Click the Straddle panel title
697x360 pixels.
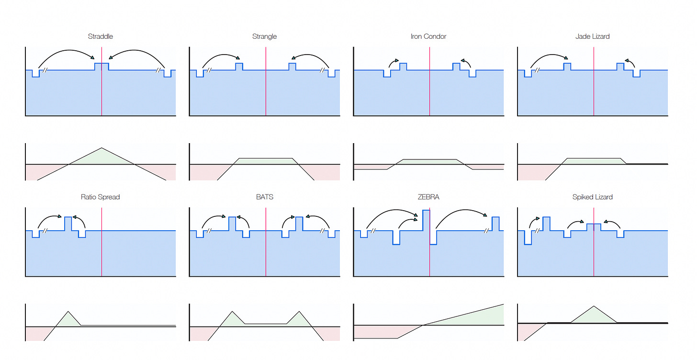click(x=101, y=36)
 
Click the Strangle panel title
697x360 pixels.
click(x=264, y=36)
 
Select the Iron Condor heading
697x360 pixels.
click(x=428, y=36)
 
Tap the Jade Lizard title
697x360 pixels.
click(x=593, y=36)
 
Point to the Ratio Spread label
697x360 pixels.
click(x=101, y=197)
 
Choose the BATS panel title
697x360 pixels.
click(x=264, y=197)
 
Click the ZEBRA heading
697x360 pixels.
click(x=428, y=197)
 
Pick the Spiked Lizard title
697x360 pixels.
click(x=593, y=197)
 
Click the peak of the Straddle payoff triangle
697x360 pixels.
click(x=101, y=148)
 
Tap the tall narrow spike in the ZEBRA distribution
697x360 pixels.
click(x=426, y=220)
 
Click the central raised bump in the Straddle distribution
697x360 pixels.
click(x=101, y=67)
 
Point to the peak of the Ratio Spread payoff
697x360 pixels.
click(x=68, y=312)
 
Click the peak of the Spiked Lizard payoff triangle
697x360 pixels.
click(x=594, y=306)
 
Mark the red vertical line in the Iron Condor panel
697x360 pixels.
click(x=429, y=96)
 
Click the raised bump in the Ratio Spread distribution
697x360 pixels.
click(x=68, y=224)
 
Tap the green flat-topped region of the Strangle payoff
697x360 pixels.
click(x=266, y=161)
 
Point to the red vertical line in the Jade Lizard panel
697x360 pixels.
click(x=594, y=96)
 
